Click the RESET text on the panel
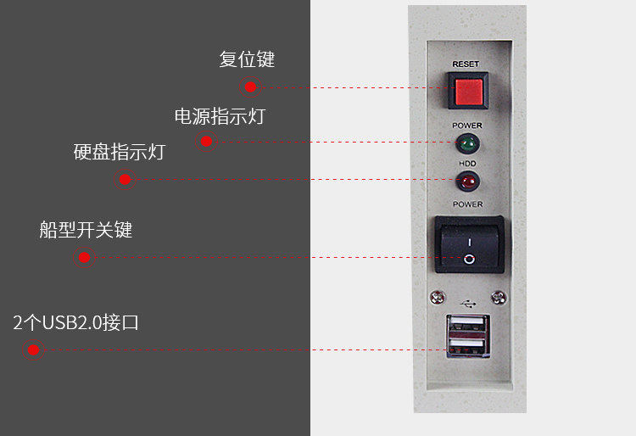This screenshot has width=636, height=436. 466,64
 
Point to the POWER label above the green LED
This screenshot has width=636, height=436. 466,126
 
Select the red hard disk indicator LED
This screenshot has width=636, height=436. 466,180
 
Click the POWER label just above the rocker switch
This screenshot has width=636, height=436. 467,204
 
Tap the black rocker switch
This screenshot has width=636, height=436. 469,244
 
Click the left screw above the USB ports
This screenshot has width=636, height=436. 438,298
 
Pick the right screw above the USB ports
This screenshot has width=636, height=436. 499,298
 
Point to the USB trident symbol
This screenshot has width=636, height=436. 467,301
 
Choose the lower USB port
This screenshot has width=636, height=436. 467,347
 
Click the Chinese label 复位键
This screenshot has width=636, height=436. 247,59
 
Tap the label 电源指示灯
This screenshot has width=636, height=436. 220,116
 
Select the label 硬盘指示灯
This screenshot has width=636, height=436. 119,153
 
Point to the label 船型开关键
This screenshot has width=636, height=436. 86,230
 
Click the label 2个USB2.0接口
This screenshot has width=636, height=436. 75,322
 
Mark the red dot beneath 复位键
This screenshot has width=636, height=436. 250,87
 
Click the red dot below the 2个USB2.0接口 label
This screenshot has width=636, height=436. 33,349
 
